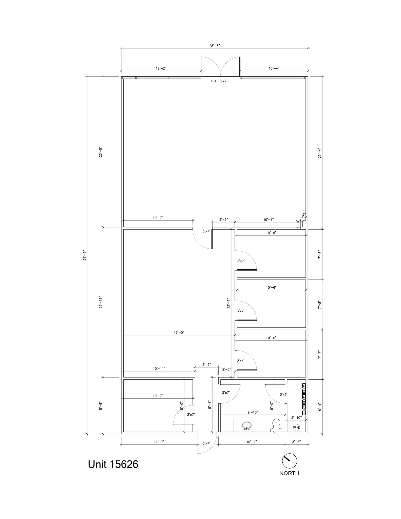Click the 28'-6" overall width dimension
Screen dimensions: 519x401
click(214, 46)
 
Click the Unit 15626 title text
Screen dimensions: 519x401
click(113, 464)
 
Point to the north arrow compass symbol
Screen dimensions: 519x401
click(289, 461)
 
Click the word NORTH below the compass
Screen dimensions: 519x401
click(289, 473)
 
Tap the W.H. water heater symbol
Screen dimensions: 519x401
click(296, 428)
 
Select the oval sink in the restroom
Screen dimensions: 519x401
click(246, 425)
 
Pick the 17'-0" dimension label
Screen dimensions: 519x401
click(179, 332)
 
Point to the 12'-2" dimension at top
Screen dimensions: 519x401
click(161, 68)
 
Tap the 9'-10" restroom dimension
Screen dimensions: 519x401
click(253, 412)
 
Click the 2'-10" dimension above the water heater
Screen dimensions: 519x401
click(296, 417)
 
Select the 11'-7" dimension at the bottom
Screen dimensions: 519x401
click(159, 442)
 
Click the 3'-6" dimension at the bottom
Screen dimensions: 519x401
click(296, 442)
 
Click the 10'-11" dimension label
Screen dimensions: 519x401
click(159, 368)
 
